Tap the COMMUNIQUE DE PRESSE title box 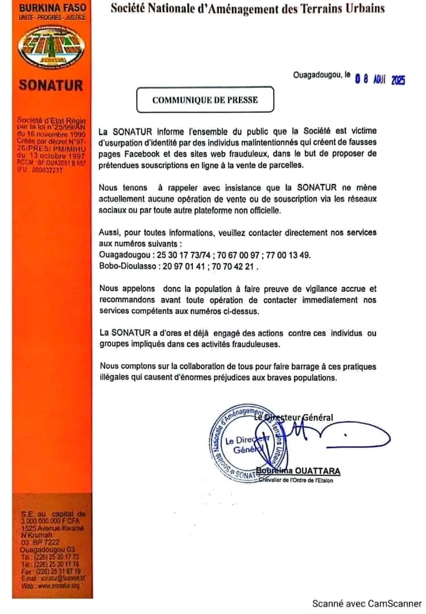(205, 100)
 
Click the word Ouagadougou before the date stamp (317, 75)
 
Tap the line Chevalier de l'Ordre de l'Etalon (299, 480)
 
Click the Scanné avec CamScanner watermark (367, 603)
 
